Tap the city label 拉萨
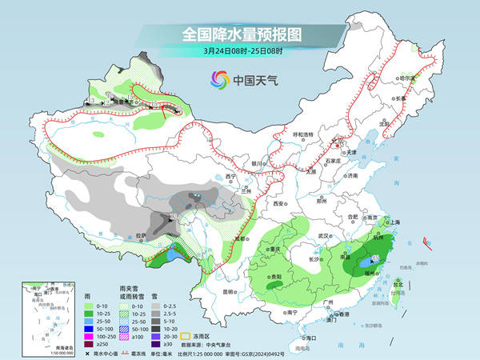[141, 234]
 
